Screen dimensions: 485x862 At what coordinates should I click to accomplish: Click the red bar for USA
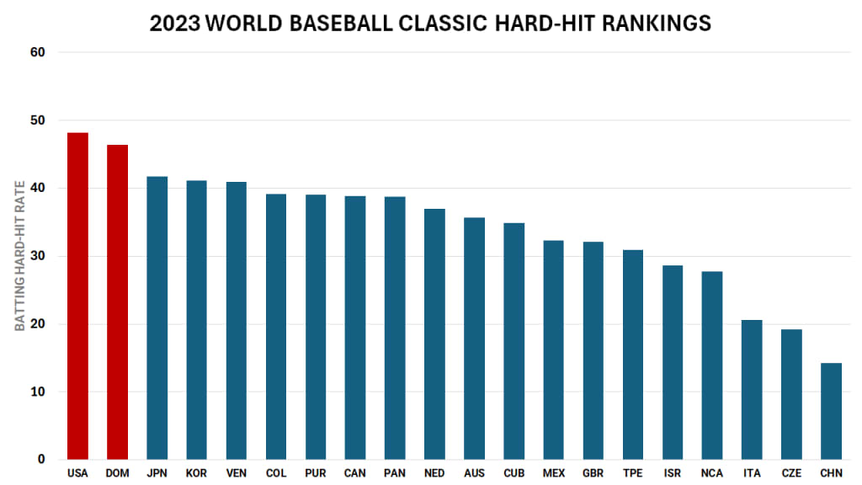click(x=77, y=296)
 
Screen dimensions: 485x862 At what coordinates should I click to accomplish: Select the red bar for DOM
click(x=117, y=302)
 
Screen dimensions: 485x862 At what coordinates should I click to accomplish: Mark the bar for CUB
click(x=513, y=341)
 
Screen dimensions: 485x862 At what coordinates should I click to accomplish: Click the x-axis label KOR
click(x=196, y=473)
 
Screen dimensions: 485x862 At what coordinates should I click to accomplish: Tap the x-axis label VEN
click(x=236, y=473)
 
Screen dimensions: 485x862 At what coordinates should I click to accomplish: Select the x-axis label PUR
click(x=316, y=473)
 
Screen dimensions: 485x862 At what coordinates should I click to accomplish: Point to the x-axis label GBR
click(x=593, y=473)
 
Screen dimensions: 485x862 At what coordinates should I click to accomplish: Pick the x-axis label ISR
click(x=673, y=473)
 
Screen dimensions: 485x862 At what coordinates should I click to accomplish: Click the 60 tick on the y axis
click(x=38, y=52)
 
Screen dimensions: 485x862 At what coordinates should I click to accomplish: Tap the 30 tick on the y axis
click(x=38, y=256)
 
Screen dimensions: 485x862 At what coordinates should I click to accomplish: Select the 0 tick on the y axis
click(x=41, y=460)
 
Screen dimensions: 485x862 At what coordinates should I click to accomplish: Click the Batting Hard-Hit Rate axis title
click(x=20, y=256)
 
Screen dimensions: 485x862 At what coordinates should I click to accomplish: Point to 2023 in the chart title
click(x=175, y=23)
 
